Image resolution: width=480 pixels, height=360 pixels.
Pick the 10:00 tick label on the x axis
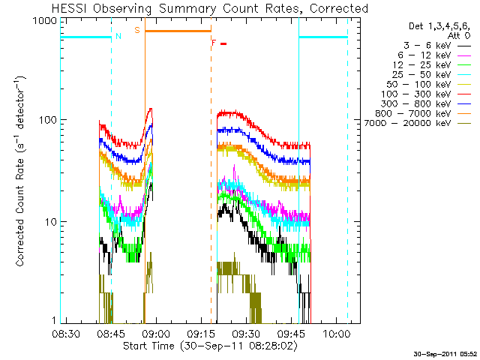(x=336, y=333)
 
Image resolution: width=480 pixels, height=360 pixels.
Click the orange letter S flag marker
(x=136, y=30)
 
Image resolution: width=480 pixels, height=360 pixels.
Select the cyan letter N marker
(x=118, y=36)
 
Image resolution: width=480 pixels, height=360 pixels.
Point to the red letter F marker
(x=214, y=43)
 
